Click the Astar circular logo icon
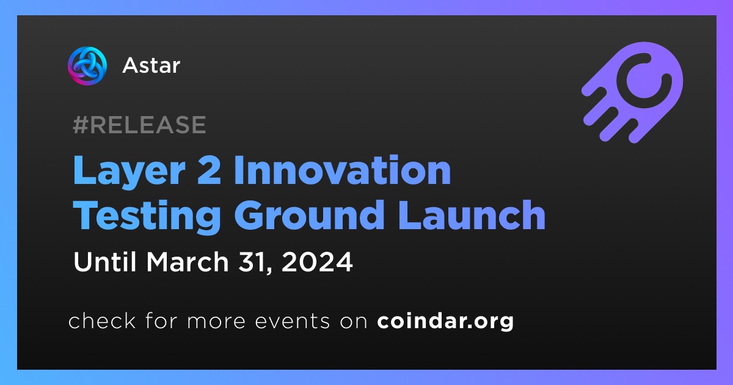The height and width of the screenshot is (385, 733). click(x=87, y=66)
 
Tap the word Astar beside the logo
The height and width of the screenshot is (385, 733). click(x=151, y=65)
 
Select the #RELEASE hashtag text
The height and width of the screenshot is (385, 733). click(x=139, y=125)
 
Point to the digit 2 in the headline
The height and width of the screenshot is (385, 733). click(x=209, y=170)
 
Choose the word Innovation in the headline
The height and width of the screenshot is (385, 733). click(x=343, y=170)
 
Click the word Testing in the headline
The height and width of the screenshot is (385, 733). click(x=147, y=216)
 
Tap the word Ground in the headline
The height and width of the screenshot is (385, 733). click(x=309, y=215)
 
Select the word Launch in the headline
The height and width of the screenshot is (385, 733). click(x=472, y=215)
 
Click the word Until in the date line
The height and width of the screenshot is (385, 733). click(x=105, y=262)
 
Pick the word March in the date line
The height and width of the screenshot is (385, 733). click(x=188, y=262)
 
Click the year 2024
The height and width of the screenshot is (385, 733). click(x=317, y=262)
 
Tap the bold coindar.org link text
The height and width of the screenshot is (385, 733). click(x=445, y=321)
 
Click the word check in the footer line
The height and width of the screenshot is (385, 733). click(x=102, y=320)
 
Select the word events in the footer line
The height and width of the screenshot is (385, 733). click(x=293, y=321)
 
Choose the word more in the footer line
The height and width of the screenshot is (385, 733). click(x=216, y=322)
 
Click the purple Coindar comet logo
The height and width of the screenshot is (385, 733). click(x=633, y=92)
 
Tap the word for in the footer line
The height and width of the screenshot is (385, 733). click(x=161, y=320)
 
